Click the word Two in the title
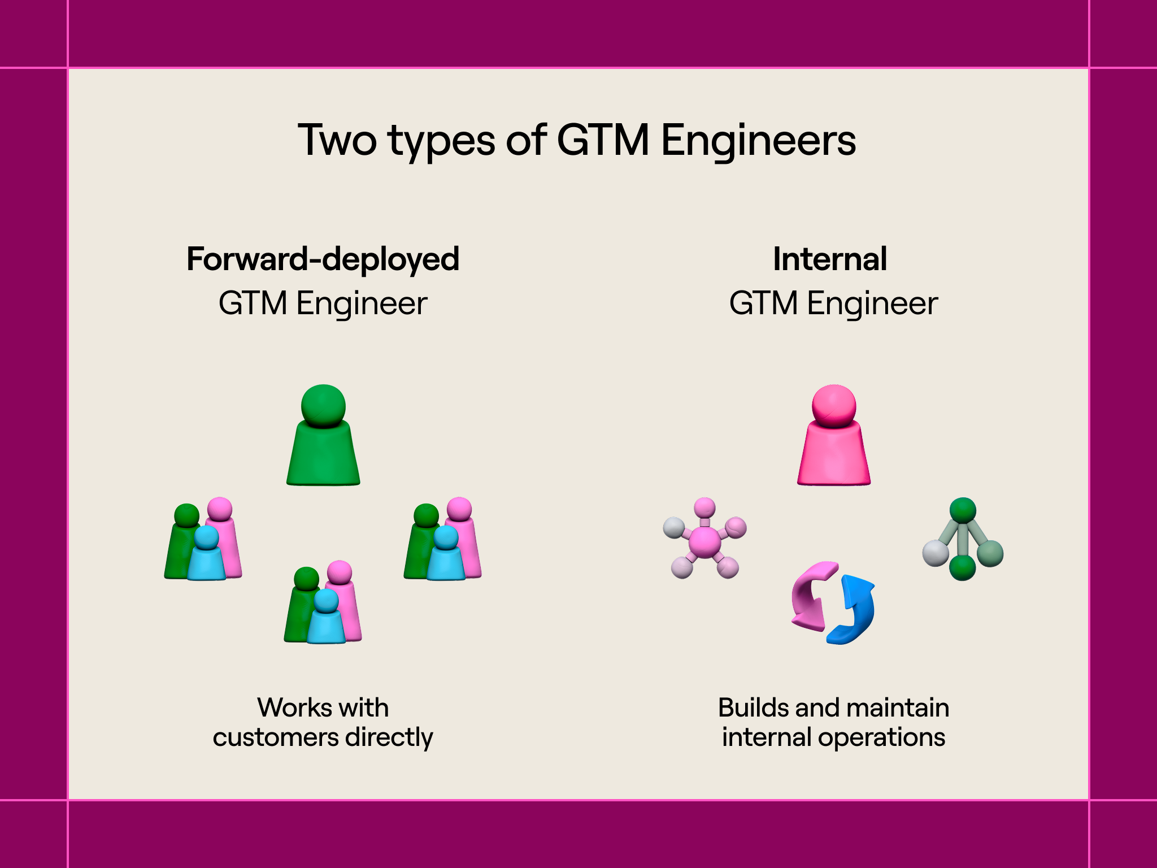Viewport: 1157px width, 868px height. pyautogui.click(x=337, y=140)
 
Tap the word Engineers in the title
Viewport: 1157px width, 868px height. pyautogui.click(x=758, y=140)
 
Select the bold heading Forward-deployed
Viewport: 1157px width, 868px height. pyautogui.click(x=323, y=259)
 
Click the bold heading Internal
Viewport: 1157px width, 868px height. pyautogui.click(x=830, y=259)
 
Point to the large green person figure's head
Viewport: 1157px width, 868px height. pyautogui.click(x=323, y=405)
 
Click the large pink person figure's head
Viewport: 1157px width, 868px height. pyautogui.click(x=834, y=405)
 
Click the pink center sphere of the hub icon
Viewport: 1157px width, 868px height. pyautogui.click(x=704, y=541)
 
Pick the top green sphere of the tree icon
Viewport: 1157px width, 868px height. pyautogui.click(x=963, y=510)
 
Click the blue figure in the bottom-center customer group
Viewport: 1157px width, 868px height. pyautogui.click(x=326, y=618)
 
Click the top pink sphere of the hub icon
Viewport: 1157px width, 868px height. pyautogui.click(x=704, y=507)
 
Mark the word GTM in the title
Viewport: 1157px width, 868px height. pyautogui.click(x=603, y=140)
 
